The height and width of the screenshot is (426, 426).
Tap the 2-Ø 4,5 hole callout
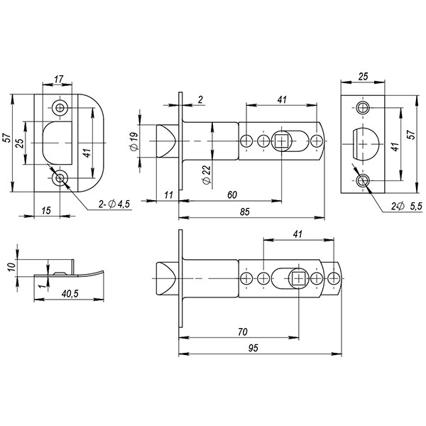pyautogui.click(x=114, y=204)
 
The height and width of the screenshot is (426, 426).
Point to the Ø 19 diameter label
pyautogui.click(x=136, y=141)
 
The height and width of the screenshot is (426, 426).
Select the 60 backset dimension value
pyautogui.click(x=231, y=194)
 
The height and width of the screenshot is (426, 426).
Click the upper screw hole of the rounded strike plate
pyautogui.click(x=60, y=108)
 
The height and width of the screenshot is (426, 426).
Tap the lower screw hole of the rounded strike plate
pyautogui.click(x=60, y=177)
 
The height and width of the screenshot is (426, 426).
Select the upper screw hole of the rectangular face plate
pyautogui.click(x=364, y=108)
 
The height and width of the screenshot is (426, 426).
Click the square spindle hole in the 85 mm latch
pyautogui.click(x=282, y=141)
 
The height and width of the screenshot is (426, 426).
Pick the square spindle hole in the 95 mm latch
pyautogui.click(x=298, y=278)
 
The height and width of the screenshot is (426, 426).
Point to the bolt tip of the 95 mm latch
pyautogui.click(x=165, y=278)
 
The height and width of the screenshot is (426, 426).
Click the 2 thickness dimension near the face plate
pyautogui.click(x=201, y=101)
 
